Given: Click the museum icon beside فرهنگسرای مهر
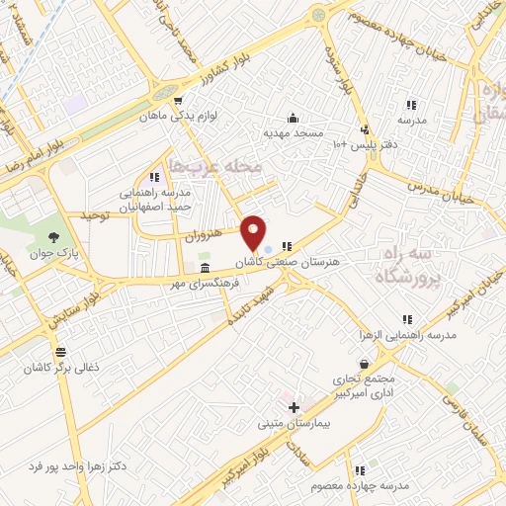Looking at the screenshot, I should point(205,269).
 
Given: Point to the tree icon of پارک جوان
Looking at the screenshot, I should point(54,237).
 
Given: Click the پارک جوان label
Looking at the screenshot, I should point(52,252).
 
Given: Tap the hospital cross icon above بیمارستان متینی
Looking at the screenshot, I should point(293,407).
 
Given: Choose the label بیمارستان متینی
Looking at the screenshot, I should point(293,422).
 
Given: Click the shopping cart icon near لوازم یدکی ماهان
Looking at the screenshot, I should point(177,100).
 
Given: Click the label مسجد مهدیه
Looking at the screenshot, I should point(291,131).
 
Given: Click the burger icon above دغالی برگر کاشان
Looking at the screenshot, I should point(61,352).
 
